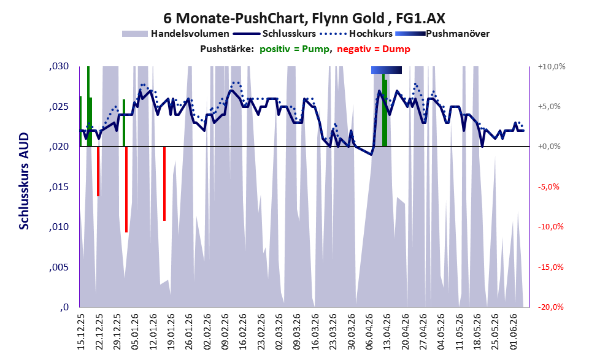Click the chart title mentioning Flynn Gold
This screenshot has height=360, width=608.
coord(304,18)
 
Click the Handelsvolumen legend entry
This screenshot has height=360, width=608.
coord(175,34)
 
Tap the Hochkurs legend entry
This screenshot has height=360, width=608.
coord(356,34)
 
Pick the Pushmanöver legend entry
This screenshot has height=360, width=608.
coord(442,34)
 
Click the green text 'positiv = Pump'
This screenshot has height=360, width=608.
coord(294,49)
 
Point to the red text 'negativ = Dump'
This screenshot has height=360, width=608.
coord(374,49)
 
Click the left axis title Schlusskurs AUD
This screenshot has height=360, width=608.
coord(24,181)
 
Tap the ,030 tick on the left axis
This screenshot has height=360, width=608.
coord(59,66)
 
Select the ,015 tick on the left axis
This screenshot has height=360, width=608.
coord(59,187)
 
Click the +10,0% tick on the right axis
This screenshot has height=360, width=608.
coord(552,67)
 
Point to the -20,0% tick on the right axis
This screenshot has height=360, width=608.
coord(551,307)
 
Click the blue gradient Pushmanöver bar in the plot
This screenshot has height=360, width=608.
coord(386,70)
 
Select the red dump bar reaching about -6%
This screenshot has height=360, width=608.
coord(98,171)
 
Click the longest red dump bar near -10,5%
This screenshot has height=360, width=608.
coord(126,189)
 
